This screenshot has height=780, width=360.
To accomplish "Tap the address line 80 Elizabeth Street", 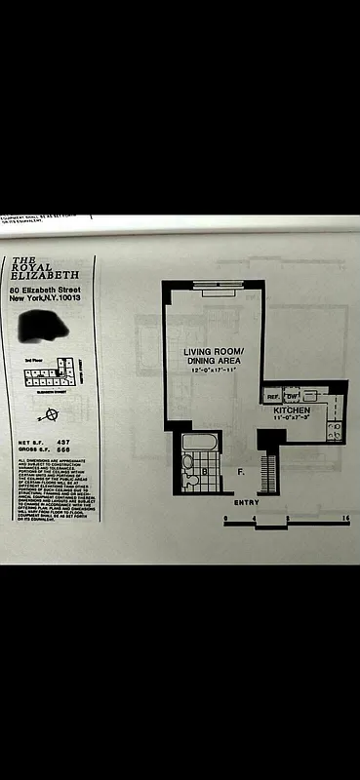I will pos(43,290).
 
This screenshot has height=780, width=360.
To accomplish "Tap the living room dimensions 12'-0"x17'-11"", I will pos(213,371).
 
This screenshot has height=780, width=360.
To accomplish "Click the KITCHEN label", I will pos(292,411).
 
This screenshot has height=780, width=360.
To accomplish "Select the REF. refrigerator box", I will pos(273,397).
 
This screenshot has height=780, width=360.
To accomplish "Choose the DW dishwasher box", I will pos(291,397).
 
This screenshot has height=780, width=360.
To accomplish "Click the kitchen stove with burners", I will pos(334,430).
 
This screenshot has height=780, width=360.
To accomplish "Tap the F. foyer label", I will pos(240,471).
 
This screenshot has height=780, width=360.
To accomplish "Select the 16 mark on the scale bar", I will pos(346,517).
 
